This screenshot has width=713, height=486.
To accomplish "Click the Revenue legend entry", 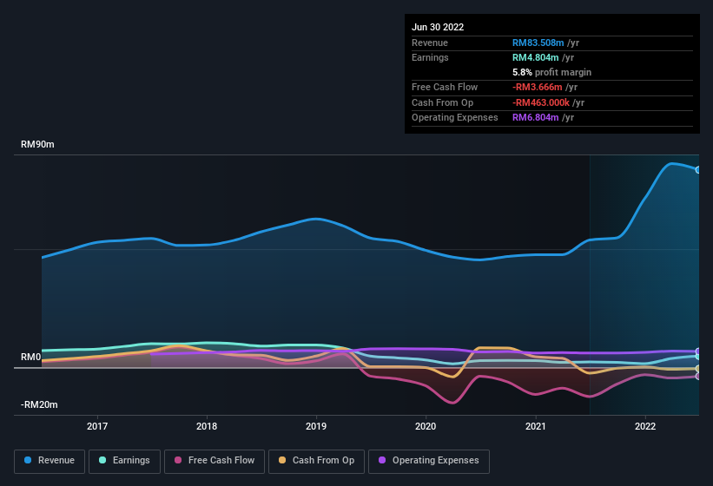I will click(50, 460).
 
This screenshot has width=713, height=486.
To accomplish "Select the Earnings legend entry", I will click(125, 460).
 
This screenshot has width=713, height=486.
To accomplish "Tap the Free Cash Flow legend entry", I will click(215, 460).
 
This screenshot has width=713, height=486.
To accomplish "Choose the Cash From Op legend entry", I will click(316, 460).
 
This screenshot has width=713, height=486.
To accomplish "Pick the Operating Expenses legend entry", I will click(429, 460).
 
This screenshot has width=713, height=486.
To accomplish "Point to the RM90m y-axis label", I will click(37, 145).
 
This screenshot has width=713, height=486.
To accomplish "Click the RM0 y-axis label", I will click(31, 358).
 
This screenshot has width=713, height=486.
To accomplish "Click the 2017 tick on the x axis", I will click(97, 426).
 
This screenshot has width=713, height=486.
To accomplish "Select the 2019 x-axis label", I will click(316, 426).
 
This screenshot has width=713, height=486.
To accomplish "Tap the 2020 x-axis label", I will click(426, 426).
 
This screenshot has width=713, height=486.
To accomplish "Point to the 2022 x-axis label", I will click(645, 426).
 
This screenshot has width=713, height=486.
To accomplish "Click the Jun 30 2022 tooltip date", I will click(438, 27).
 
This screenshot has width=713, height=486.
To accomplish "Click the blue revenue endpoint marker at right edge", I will click(698, 170).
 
